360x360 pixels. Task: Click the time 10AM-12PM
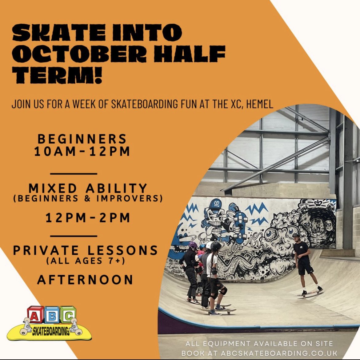pos(82,152)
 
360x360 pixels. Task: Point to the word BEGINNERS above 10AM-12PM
pos(82,139)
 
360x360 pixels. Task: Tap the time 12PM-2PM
pos(88,218)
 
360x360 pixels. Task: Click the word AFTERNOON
pos(85,280)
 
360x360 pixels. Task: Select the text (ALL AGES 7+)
pos(86,261)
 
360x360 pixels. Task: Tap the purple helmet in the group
pos(193,245)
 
